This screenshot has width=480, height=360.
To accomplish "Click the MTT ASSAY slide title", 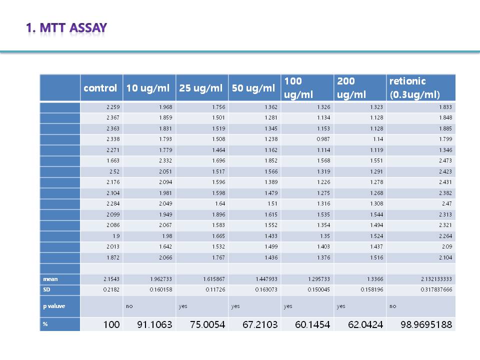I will click(x=66, y=27).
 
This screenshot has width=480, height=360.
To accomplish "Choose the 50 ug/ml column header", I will click(x=253, y=88).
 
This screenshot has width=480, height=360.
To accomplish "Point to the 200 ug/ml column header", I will click(x=351, y=87).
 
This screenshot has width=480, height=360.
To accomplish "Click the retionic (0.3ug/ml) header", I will click(x=414, y=87).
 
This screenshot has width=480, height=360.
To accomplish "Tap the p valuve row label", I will click(x=53, y=305).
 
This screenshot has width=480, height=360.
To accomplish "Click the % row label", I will click(x=45, y=324).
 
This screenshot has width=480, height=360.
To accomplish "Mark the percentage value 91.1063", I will click(x=154, y=325).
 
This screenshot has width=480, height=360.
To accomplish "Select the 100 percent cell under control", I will click(x=111, y=325).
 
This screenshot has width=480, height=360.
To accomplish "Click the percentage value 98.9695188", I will click(x=426, y=325).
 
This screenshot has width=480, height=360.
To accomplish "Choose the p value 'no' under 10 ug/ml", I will click(x=129, y=305).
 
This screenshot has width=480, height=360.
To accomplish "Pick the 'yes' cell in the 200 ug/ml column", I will click(x=341, y=305).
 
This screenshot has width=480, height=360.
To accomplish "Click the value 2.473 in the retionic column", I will click(x=444, y=160).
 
